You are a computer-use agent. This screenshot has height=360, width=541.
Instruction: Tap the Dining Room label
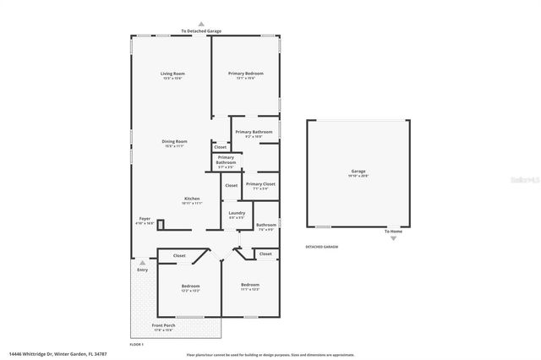click(175, 143)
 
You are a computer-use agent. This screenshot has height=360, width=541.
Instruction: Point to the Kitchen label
click(192, 200)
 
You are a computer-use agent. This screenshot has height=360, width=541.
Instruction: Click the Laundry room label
click(237, 215)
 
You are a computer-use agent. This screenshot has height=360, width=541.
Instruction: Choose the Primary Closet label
click(260, 185)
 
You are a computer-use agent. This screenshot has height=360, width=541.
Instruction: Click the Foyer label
click(145, 221)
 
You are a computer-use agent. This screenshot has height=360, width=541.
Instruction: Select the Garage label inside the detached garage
click(358, 172)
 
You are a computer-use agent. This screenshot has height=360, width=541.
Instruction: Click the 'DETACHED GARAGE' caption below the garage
click(322, 247)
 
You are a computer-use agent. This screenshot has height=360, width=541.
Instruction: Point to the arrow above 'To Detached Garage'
click(201, 24)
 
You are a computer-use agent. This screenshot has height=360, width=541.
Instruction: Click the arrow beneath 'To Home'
click(392, 239)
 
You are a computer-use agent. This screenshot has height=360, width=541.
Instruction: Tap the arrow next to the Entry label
click(142, 262)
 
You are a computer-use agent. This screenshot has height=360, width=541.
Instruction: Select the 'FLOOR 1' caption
click(136, 344)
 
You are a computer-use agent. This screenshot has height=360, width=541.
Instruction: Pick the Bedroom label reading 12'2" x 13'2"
click(190, 287)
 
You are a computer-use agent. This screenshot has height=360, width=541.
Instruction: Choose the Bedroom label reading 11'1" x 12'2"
click(249, 286)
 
